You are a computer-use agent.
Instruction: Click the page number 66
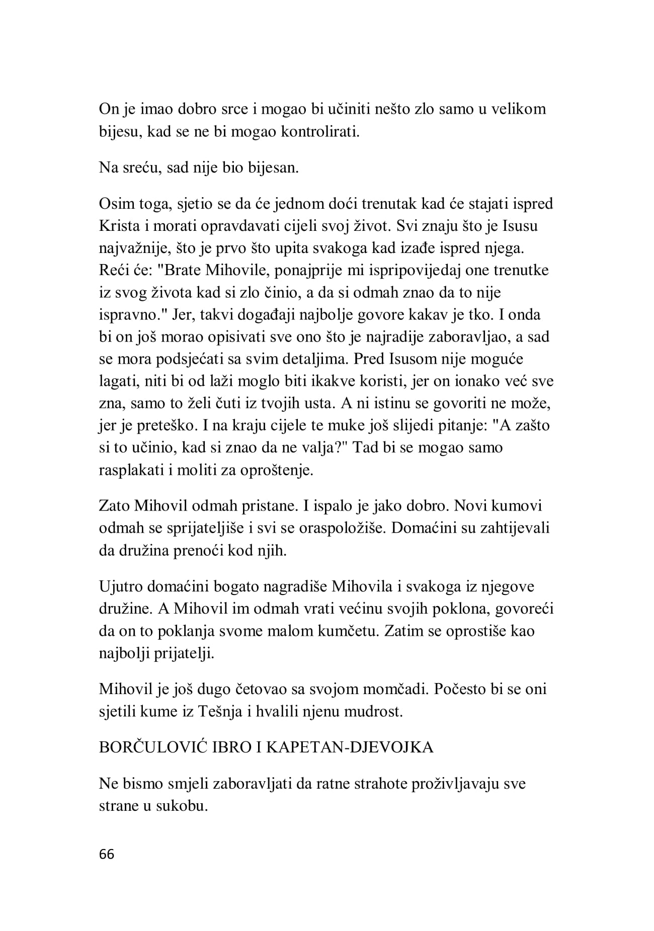pyautogui.click(x=107, y=855)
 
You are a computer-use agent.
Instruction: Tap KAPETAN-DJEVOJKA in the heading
pyautogui.click(x=349, y=747)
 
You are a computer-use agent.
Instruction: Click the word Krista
pyautogui.click(x=119, y=226)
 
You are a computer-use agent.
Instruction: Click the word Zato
pyautogui.click(x=115, y=505)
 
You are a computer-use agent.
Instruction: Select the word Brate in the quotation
pyautogui.click(x=183, y=270)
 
